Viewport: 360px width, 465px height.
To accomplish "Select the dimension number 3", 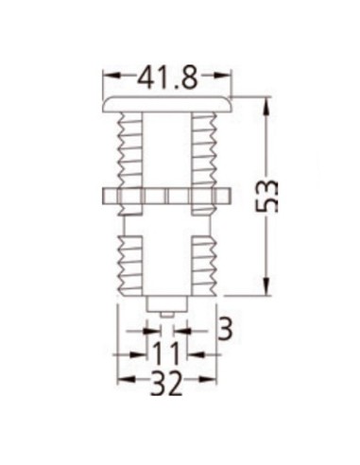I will [224, 329].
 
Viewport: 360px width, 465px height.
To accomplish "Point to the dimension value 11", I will [166, 354].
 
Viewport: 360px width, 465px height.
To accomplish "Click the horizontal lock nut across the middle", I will [167, 197].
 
